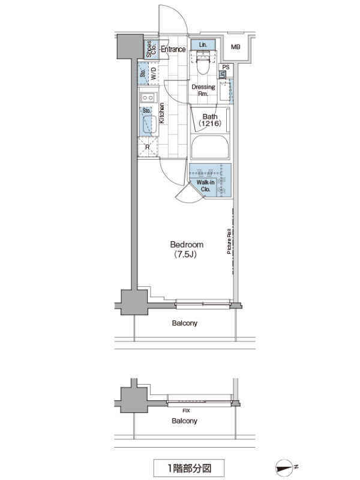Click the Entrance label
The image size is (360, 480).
tap(173, 49)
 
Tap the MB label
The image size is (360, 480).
tap(235, 47)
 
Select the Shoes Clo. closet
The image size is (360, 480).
tap(151, 49)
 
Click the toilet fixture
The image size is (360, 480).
tap(203, 62)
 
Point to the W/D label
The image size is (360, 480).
tap(154, 73)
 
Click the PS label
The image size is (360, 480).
tap(226, 67)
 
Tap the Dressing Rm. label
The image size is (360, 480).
tap(203, 91)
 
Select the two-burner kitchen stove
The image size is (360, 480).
tap(148, 98)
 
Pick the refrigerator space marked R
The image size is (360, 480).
tap(148, 147)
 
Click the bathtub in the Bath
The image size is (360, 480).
tap(210, 146)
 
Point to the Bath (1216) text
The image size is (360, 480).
tap(210, 120)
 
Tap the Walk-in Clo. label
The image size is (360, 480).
tap(205, 186)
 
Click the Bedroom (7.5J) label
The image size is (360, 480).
tap(187, 249)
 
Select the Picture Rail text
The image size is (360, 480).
tap(229, 242)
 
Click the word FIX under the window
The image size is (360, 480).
tap(186, 411)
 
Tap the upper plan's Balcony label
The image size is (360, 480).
tap(185, 323)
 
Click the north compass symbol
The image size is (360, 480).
tap(284, 468)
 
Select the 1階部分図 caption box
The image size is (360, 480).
tap(189, 468)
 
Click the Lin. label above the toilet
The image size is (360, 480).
tap(203, 44)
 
